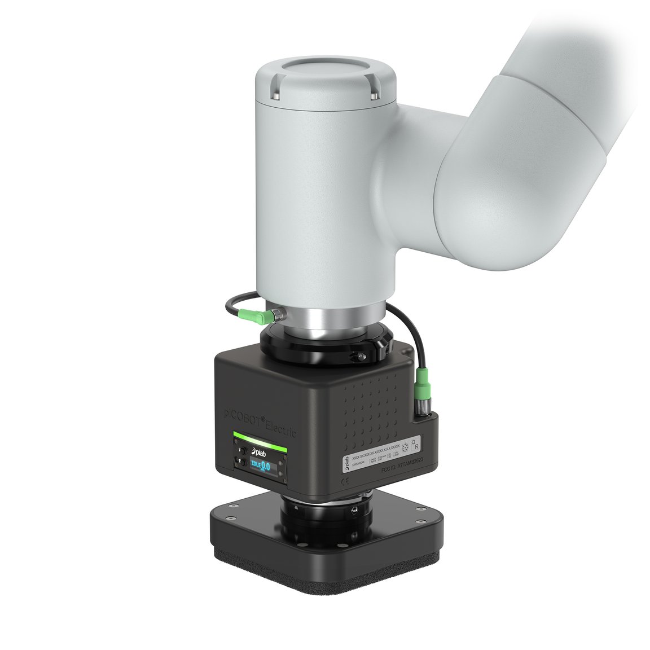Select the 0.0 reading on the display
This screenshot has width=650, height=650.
coord(265,467)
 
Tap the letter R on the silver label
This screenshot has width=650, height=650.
coord(416,447)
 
